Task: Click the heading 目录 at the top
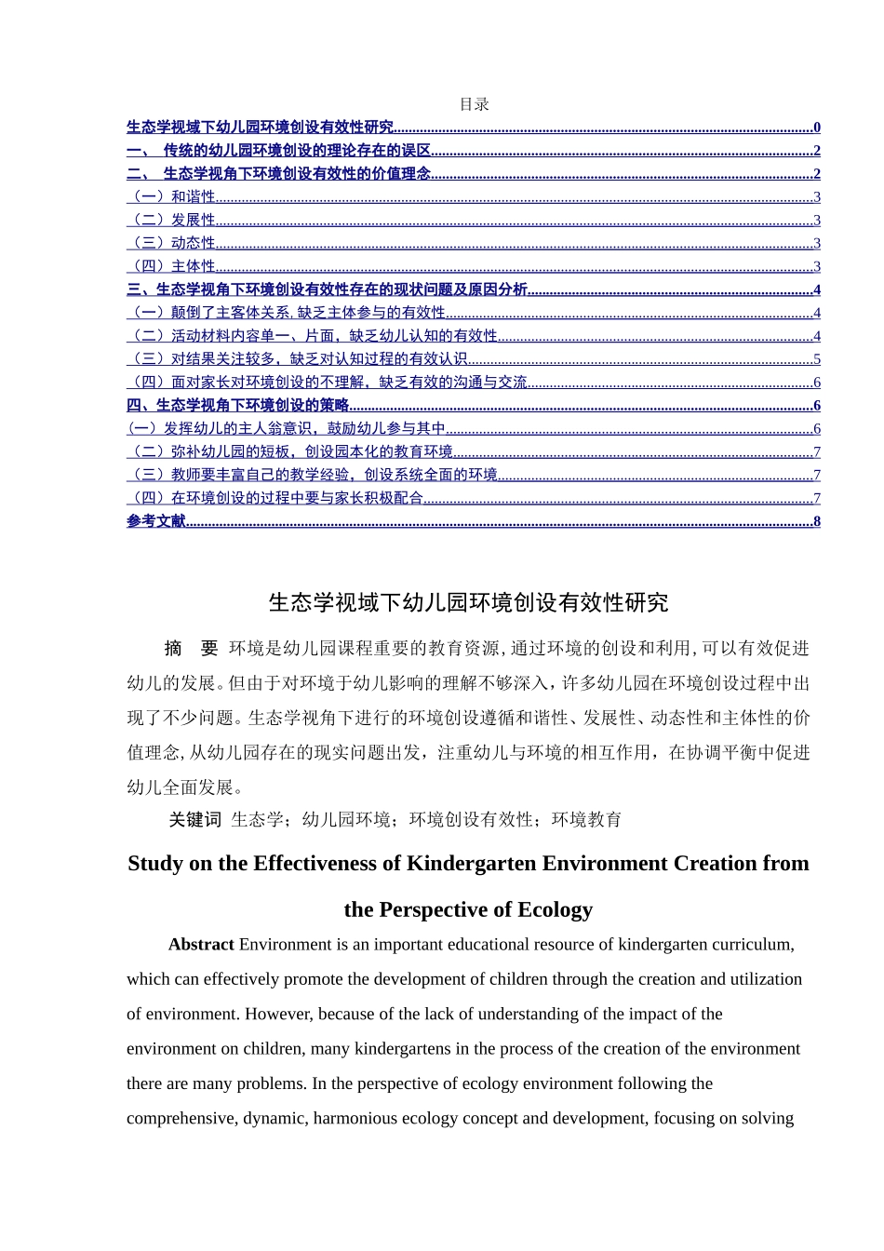[x=475, y=104]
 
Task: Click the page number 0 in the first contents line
[x=817, y=128]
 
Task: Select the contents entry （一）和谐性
[x=172, y=196]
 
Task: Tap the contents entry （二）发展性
[x=172, y=220]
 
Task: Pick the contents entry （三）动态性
[x=172, y=243]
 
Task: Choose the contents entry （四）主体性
[x=172, y=266]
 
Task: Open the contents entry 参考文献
[x=156, y=521]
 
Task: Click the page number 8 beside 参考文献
[x=817, y=521]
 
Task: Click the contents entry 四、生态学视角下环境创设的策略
[x=238, y=405]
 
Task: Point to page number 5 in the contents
[x=817, y=359]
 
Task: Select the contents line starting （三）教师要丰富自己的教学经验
[x=313, y=475]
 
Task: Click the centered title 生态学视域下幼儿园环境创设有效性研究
[x=468, y=603]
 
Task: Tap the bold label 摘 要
[x=191, y=649]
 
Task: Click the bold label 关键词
[x=194, y=820]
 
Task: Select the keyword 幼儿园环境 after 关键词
[x=346, y=820]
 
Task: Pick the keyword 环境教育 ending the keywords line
[x=586, y=820]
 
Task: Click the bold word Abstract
[x=201, y=945]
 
